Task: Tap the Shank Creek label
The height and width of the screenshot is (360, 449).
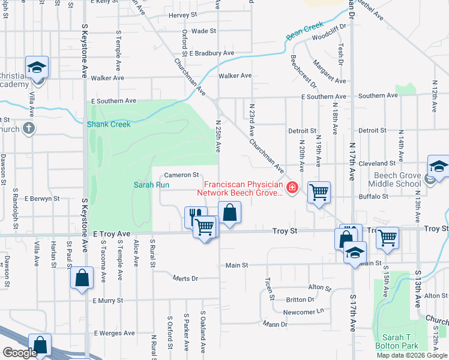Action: (x=109, y=124)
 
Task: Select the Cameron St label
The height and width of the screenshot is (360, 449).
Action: (x=182, y=175)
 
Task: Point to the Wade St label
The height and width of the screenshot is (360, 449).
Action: (x=204, y=31)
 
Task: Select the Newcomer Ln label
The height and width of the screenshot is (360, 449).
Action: (x=304, y=312)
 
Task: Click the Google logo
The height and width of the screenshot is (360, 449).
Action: (x=19, y=353)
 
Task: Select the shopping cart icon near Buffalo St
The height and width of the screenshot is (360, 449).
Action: (x=319, y=193)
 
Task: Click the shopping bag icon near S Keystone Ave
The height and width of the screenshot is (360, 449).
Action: (x=82, y=278)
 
